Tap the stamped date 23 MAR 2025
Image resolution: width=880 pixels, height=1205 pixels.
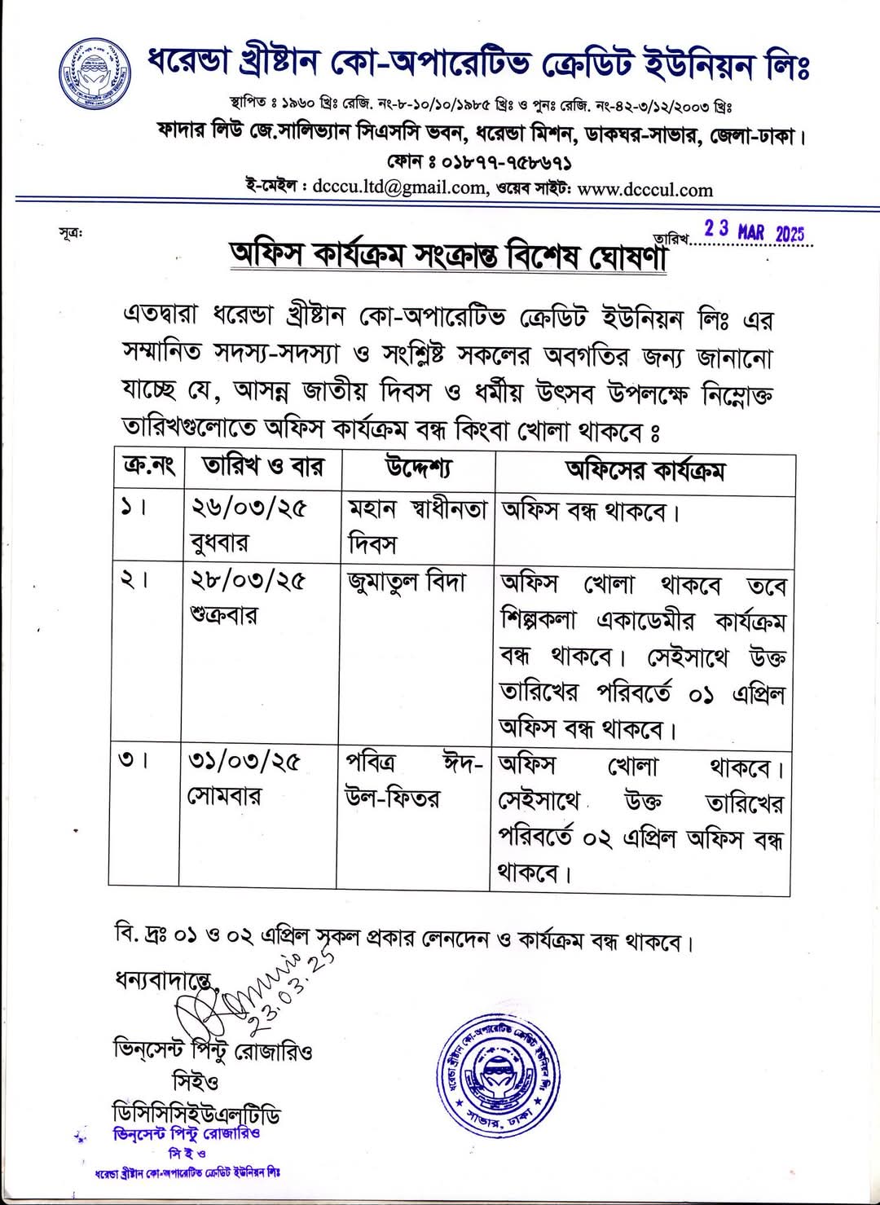point(754,231)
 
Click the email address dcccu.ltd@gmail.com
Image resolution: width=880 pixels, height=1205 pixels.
point(398,188)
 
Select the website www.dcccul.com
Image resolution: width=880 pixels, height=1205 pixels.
point(645,190)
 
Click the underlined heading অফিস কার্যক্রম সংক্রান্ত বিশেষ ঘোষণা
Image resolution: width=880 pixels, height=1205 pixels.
point(448,255)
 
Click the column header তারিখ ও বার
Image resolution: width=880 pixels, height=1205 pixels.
point(262,467)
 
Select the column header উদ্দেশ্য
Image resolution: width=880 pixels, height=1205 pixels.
point(418,468)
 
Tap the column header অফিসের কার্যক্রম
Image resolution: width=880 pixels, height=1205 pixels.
point(645,470)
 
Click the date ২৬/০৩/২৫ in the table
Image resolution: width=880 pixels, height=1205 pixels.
point(249,508)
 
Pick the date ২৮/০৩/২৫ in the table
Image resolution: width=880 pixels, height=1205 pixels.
point(248,580)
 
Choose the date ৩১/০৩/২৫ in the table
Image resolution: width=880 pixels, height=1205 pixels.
point(244,761)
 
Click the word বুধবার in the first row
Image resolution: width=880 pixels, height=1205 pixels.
point(219,542)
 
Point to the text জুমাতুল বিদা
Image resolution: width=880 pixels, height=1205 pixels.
point(407,583)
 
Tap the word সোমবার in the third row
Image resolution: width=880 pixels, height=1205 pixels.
point(224,795)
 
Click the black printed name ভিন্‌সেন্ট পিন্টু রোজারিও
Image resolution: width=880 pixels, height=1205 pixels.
point(213,1050)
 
